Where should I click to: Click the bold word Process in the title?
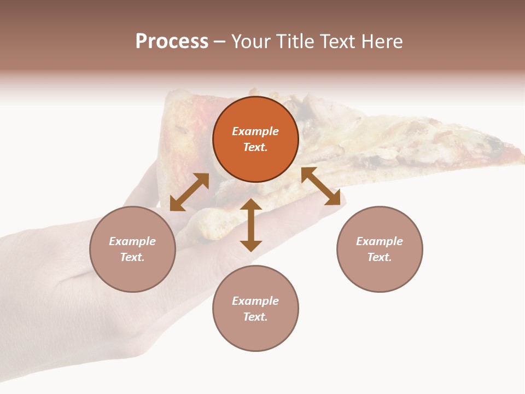(172, 42)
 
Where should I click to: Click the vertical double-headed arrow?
(251, 225)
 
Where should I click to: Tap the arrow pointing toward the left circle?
(189, 192)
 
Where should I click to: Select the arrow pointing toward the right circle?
(320, 186)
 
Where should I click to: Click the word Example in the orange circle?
(255, 131)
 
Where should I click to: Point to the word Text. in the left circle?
(132, 257)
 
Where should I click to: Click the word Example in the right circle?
(380, 241)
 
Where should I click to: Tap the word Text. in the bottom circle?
(255, 317)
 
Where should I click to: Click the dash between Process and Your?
(220, 42)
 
